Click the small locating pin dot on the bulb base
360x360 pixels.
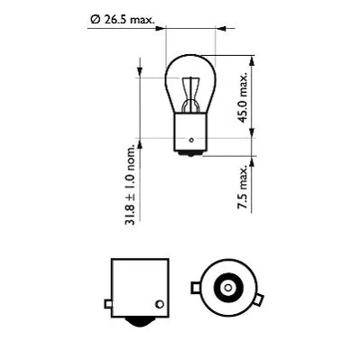pos(192,140)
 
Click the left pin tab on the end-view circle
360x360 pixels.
pos(194,289)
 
